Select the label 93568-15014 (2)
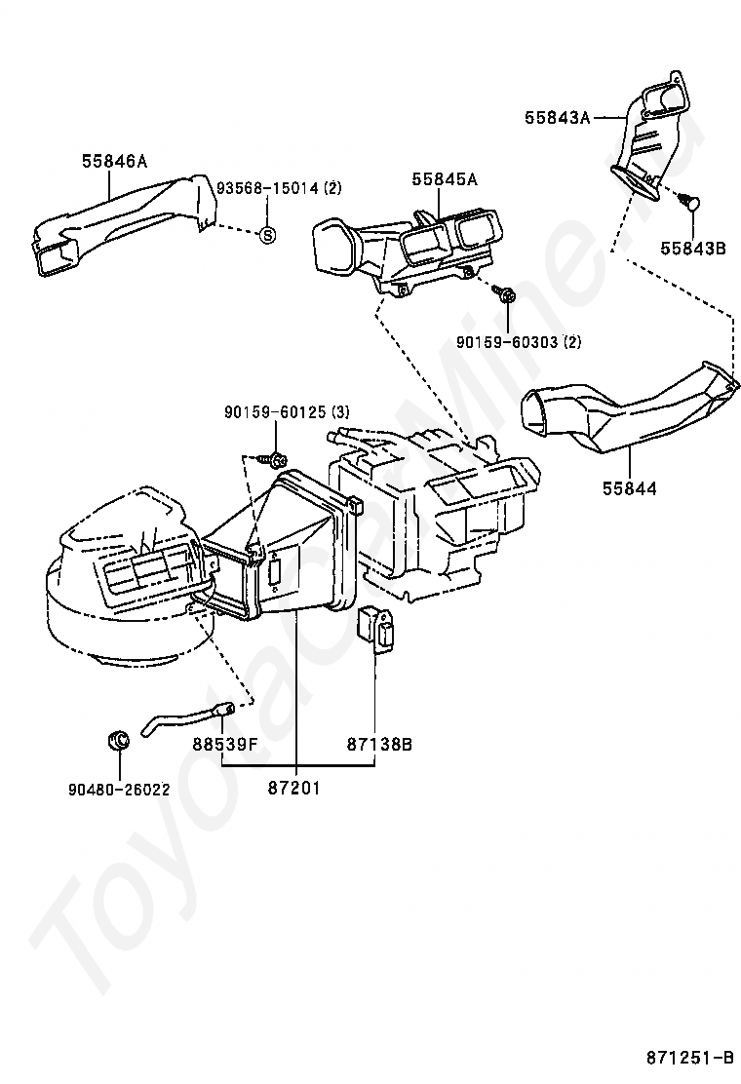tap(279, 188)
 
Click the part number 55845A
tap(444, 178)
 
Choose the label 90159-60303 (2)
tap(519, 341)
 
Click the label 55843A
tap(558, 118)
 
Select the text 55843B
tap(693, 249)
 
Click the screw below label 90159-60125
tap(276, 459)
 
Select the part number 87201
tap(294, 787)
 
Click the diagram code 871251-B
tap(688, 1058)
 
